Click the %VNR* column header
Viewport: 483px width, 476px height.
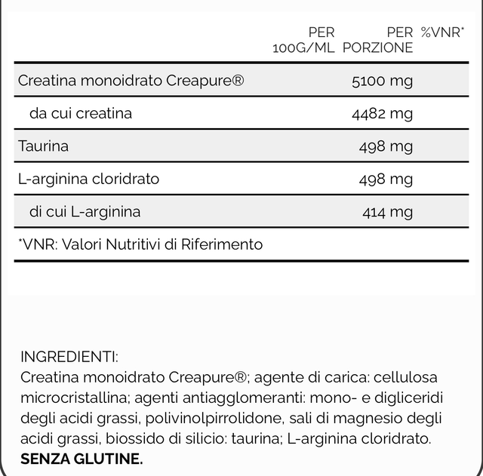(x=442, y=32)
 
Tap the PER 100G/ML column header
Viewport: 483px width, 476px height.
(x=303, y=40)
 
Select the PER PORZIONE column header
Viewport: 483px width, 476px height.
(x=378, y=40)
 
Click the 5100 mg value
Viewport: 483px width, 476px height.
(x=383, y=81)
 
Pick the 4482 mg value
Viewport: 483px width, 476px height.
(x=383, y=114)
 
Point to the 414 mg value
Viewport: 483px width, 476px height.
(x=388, y=212)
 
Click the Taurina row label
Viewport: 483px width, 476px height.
(x=43, y=146)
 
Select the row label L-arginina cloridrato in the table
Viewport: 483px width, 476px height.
(x=88, y=180)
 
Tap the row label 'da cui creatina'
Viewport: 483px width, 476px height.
(x=81, y=114)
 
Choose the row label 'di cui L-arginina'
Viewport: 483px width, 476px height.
(x=85, y=212)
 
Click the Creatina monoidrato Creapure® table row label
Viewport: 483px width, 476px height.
(x=131, y=81)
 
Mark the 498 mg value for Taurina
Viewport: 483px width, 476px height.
(x=386, y=146)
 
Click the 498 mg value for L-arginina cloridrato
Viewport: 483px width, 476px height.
(x=386, y=180)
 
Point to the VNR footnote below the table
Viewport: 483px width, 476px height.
(x=140, y=244)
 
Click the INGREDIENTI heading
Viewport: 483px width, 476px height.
(x=69, y=357)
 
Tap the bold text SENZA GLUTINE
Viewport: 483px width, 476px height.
(x=82, y=459)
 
